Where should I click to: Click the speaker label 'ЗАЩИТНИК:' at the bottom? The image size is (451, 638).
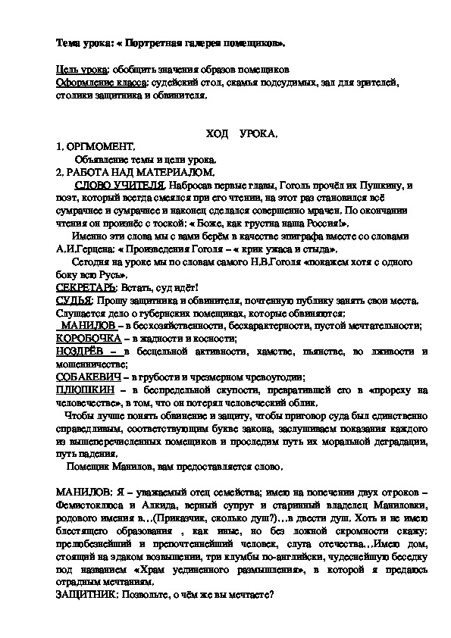tap(89, 596)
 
